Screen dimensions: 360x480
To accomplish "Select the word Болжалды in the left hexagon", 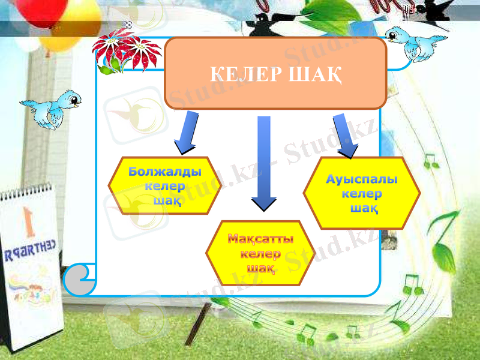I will pyautogui.click(x=165, y=172).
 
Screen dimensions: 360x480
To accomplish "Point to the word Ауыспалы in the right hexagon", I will pyautogui.click(x=362, y=179).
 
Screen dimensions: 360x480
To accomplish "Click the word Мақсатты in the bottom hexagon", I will pyautogui.click(x=260, y=239).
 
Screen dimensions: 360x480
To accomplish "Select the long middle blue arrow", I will pyautogui.click(x=263, y=162).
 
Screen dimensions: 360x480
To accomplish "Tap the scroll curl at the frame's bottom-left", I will pyautogui.click(x=78, y=278).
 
